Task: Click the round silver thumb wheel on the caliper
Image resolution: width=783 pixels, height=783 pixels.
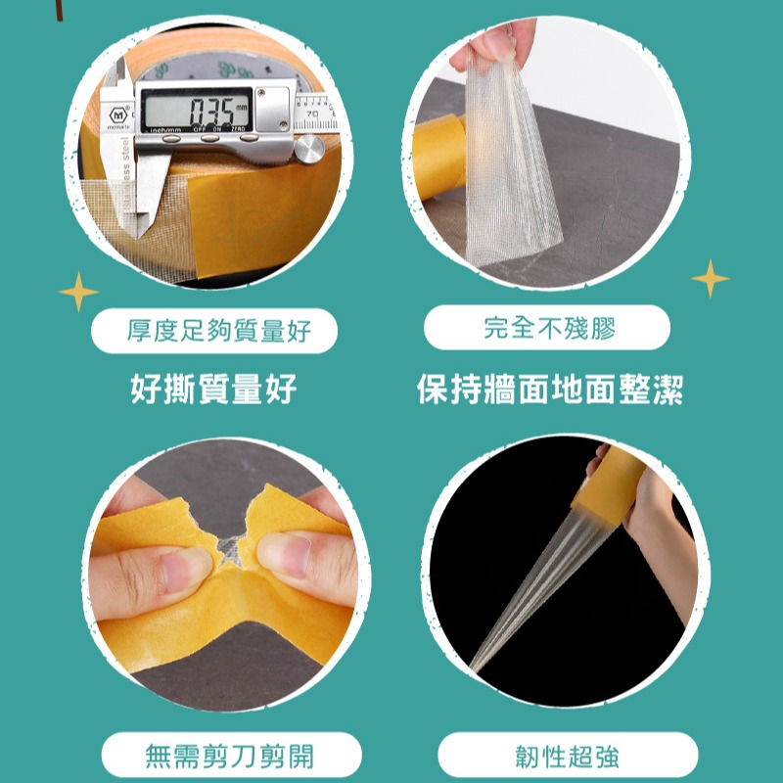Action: click(x=310, y=149)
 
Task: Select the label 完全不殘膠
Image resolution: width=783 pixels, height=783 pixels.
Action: click(x=548, y=329)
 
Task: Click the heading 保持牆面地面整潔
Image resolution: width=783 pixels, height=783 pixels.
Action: click(x=549, y=391)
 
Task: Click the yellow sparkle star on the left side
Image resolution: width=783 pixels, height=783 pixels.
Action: click(x=78, y=292)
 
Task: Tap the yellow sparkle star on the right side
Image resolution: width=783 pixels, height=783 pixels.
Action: click(x=711, y=279)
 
